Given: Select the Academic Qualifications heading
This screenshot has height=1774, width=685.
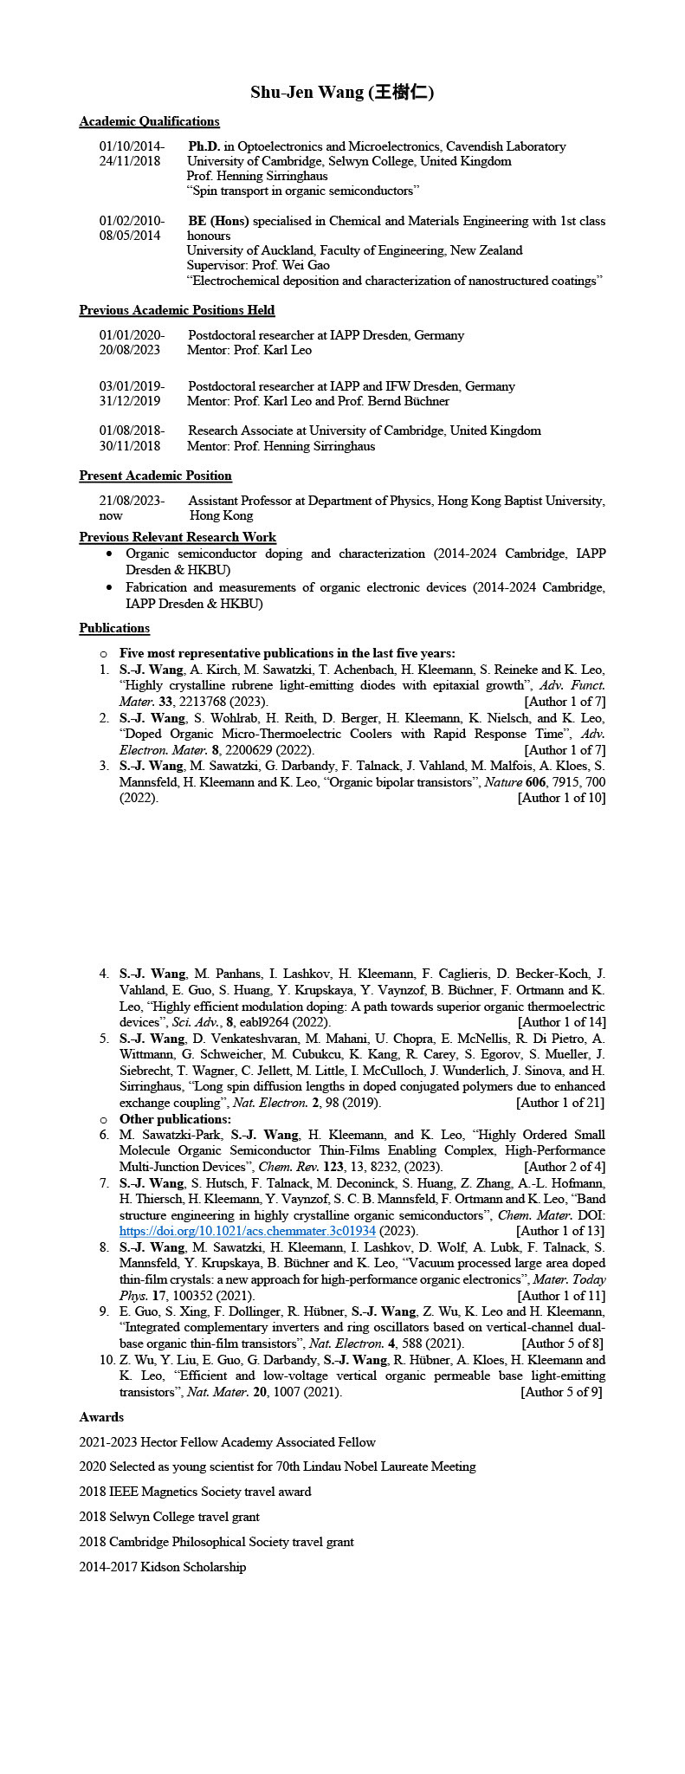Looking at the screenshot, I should (149, 121).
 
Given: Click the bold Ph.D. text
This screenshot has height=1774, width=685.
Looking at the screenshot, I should (204, 146).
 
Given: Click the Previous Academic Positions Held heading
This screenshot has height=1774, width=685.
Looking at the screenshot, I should (177, 310).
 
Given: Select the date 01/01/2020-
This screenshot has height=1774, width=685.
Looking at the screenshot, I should (132, 335).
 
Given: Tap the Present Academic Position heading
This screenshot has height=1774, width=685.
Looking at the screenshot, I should (155, 476).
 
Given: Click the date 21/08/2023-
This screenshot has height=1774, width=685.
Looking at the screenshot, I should (132, 501).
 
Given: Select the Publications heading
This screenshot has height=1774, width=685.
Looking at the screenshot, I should (114, 628).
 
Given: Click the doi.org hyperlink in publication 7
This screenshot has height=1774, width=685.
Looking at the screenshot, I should (247, 1231).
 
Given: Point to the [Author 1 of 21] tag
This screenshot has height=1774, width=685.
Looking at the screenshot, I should (560, 1103).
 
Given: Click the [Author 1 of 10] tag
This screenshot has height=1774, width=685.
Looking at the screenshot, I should (561, 798).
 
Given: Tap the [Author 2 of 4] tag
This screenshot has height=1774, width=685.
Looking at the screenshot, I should (565, 1167).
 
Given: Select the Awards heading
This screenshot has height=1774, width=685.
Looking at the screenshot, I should (101, 1417).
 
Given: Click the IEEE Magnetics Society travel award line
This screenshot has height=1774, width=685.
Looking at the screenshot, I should (195, 1492).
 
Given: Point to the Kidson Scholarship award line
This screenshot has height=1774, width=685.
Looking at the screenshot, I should (162, 1567).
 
